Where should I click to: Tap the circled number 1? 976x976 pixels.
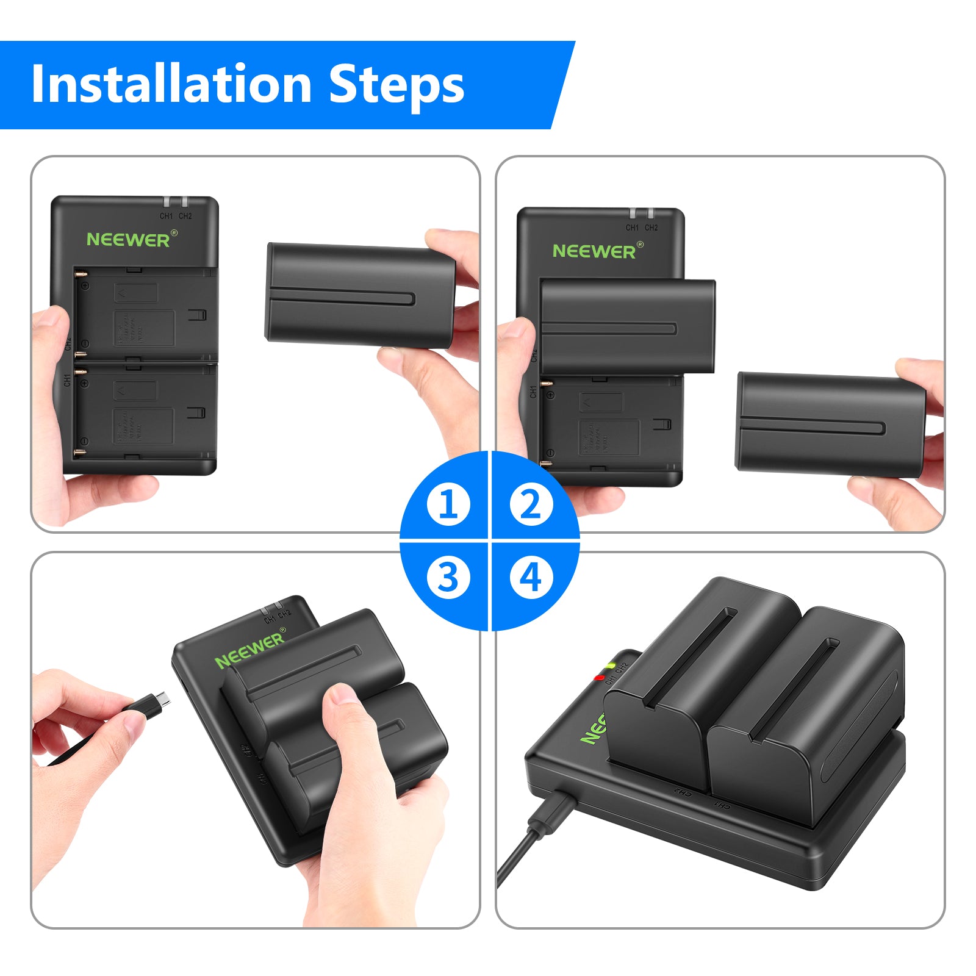tap(448, 504)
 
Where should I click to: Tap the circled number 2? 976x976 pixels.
tap(531, 504)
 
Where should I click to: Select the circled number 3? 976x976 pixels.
tap(448, 577)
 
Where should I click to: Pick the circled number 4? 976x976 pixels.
tap(531, 577)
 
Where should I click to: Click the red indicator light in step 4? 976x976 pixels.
tap(600, 677)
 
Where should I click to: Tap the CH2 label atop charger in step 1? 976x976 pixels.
tap(185, 216)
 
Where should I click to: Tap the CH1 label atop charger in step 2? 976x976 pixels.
tap(632, 228)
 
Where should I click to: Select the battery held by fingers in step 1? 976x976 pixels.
tap(360, 296)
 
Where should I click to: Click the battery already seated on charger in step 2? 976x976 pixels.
tap(627, 326)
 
